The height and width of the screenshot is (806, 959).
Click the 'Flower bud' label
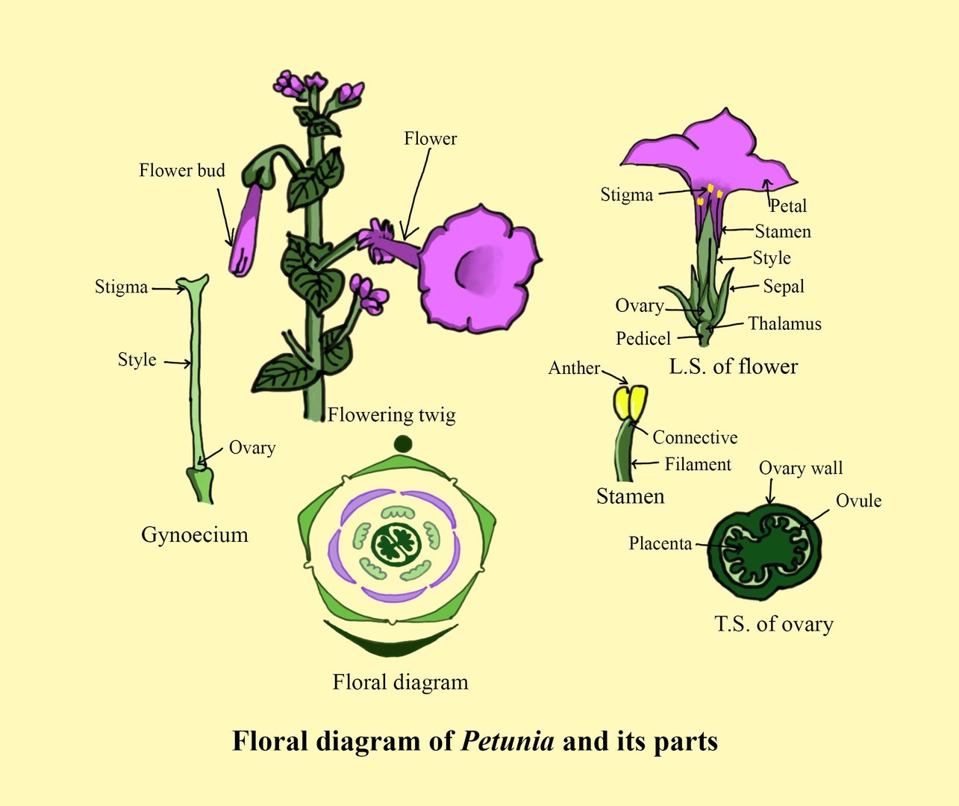181,171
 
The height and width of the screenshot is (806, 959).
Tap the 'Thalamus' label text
784,324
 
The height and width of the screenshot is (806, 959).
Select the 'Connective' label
695,437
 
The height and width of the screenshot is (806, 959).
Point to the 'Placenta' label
660,543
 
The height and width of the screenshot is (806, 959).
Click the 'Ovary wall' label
800,469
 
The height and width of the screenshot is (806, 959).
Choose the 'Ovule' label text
858,501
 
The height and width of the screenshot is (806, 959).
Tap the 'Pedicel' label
643,339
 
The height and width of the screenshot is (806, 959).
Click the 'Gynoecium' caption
194,534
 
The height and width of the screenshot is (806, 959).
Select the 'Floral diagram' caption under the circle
400,682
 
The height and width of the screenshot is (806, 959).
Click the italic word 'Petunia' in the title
507,741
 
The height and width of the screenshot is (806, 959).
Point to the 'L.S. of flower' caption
733,366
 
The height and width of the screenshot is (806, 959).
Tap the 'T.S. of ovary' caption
773,624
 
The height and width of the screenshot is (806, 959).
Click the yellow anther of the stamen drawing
630,402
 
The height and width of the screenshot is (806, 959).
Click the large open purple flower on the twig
478,269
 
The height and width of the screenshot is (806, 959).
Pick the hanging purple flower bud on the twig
246,231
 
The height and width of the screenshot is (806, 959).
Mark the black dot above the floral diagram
402,444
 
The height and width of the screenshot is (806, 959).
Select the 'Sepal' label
783,287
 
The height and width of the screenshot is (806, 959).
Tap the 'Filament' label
698,464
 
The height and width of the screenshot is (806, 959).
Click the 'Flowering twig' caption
391,415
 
